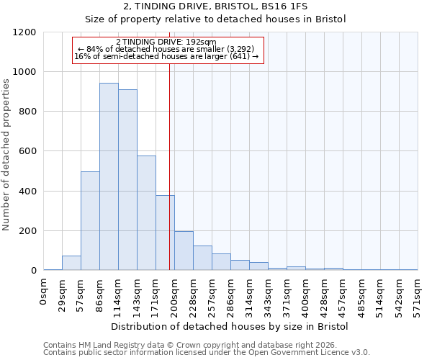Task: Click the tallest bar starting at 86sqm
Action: [x=109, y=176]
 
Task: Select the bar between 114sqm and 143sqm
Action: [x=127, y=180]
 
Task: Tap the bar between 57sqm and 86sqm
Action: [x=90, y=221]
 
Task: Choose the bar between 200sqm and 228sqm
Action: [x=184, y=251]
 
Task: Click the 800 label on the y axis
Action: [x=27, y=112]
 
